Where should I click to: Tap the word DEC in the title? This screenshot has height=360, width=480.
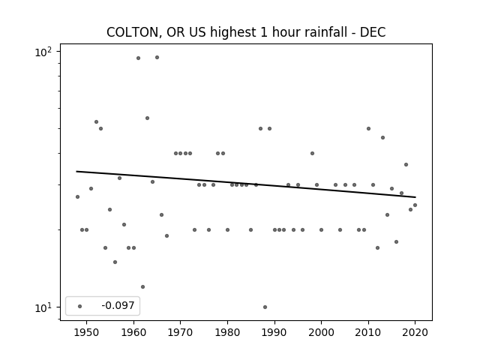coord(371,32)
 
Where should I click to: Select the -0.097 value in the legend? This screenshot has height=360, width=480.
coord(118,306)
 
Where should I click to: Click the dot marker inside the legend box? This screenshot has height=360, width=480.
coord(79,306)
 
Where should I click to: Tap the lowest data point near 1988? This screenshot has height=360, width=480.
coord(265,307)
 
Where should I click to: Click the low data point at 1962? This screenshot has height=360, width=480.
coord(142,286)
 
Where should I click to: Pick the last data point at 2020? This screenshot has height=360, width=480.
coord(415,205)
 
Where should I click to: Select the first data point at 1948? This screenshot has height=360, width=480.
coord(77,196)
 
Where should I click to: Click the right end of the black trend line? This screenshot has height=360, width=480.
coord(415,197)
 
